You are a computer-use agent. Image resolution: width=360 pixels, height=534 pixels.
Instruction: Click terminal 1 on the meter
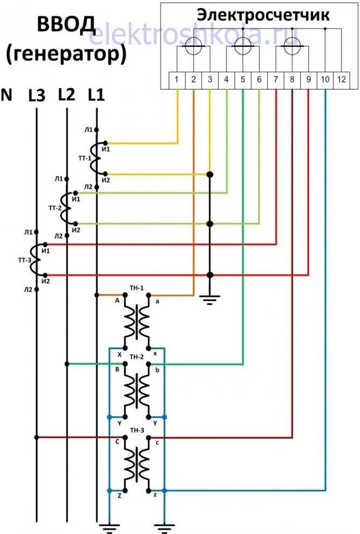[177, 80]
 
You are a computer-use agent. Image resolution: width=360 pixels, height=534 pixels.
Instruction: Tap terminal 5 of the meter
[243, 80]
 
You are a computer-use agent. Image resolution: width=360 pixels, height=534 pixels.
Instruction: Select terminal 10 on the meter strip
[325, 80]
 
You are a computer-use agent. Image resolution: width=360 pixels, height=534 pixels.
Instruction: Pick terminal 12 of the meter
[341, 80]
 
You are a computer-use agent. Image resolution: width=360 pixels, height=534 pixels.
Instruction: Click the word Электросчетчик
[263, 15]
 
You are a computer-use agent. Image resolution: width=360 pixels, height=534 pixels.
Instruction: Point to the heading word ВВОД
[66, 24]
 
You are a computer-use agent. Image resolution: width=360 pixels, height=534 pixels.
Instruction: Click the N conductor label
[7, 95]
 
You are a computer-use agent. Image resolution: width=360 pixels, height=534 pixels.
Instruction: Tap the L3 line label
[37, 96]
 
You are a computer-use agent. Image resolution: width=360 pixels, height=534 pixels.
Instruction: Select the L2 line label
[66, 95]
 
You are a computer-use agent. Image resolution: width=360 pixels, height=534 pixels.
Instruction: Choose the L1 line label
[96, 95]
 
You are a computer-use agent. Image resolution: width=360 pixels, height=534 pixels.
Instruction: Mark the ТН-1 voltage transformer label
[136, 288]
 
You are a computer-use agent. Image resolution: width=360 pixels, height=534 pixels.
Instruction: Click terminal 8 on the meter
[292, 80]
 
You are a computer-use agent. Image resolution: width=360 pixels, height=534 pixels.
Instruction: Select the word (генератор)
[67, 53]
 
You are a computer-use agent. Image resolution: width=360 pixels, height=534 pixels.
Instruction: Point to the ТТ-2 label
[55, 207]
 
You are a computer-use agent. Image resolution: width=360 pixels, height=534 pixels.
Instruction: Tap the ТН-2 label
[136, 357]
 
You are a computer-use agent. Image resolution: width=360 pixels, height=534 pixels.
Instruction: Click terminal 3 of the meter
[210, 80]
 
